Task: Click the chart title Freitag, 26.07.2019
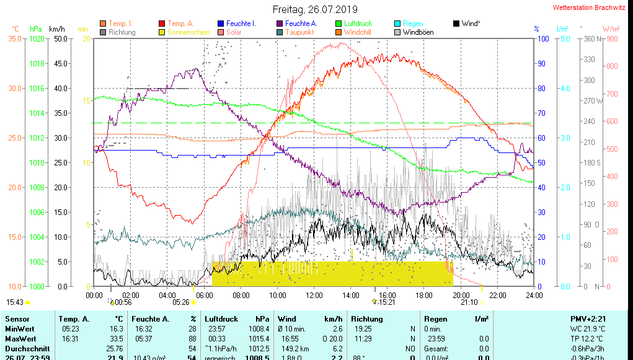pyautogui.click(x=316, y=9)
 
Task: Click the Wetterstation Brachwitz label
pyautogui.click(x=588, y=7)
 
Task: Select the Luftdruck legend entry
pyautogui.click(x=358, y=24)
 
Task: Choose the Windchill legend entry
pyautogui.click(x=358, y=32)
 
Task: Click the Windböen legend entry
pyautogui.click(x=418, y=32)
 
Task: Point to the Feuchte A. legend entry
pyautogui.click(x=301, y=24)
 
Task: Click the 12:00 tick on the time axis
pyautogui.click(x=314, y=295)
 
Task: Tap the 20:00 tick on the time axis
pyautogui.click(x=461, y=295)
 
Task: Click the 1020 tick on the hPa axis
pyautogui.click(x=37, y=38)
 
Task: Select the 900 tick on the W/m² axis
pyautogui.click(x=611, y=38)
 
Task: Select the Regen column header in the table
pyautogui.click(x=436, y=318)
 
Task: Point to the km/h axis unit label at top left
pyautogui.click(x=56, y=29)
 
